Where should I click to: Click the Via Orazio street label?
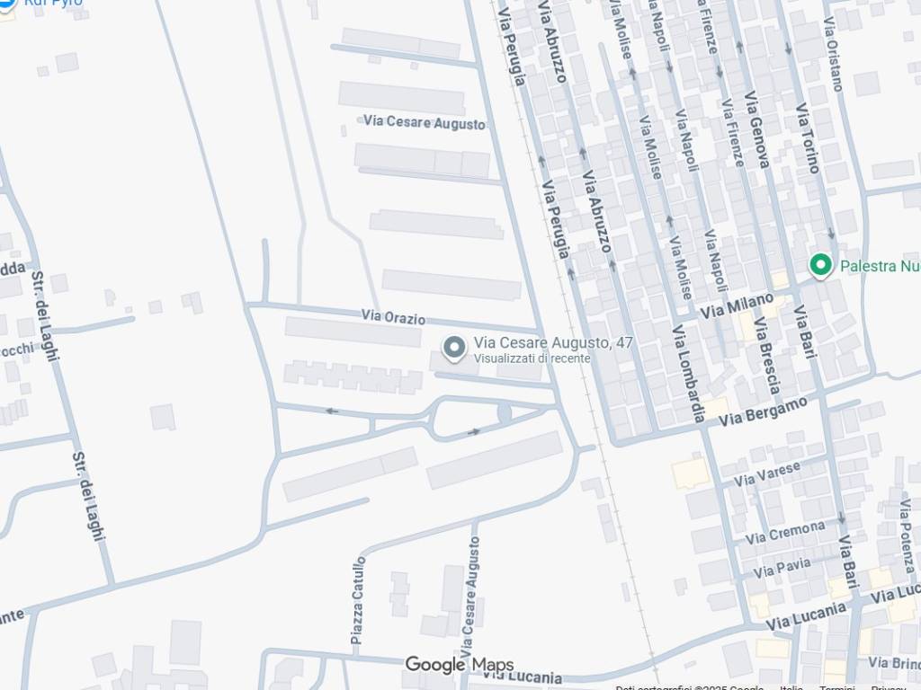click(x=393, y=318)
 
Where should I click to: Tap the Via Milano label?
click(x=737, y=305)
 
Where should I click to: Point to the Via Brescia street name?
click(x=767, y=356)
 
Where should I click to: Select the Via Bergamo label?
click(x=763, y=411)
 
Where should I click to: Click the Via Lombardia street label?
click(x=689, y=374)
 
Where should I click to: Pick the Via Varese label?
click(x=766, y=473)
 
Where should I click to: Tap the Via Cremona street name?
click(x=784, y=533)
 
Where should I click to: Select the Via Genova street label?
click(x=756, y=129)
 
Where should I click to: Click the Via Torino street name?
click(x=808, y=137)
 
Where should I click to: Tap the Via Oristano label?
click(x=834, y=54)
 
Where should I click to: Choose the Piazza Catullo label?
click(x=359, y=600)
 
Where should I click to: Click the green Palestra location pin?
click(x=819, y=264)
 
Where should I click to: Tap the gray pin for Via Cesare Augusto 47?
click(x=455, y=348)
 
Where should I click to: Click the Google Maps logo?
click(x=460, y=665)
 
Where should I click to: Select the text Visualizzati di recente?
click(x=532, y=358)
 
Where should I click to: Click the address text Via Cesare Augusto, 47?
click(x=553, y=342)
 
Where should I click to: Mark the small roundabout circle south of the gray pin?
click(x=505, y=412)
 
